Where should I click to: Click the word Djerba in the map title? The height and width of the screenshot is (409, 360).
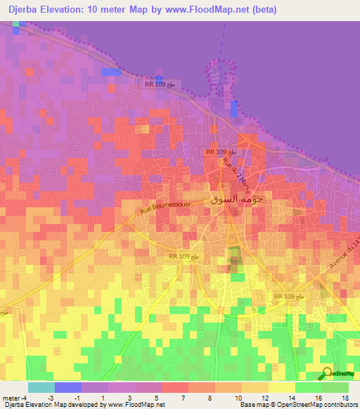[25, 10]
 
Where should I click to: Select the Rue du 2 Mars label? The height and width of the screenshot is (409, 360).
[236, 173]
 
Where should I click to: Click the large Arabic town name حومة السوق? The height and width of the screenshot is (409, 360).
[236, 199]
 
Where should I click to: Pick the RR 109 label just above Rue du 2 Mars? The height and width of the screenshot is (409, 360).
[225, 152]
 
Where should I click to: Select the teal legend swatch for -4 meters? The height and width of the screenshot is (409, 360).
[41, 387]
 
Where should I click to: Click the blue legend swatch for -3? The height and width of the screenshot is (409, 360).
[68, 387]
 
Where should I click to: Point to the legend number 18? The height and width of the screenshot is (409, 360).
[345, 397]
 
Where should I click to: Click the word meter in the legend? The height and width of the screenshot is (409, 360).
[10, 397]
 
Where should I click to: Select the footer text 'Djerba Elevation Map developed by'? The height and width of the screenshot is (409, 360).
[53, 405]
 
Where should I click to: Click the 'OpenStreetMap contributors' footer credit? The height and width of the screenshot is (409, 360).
[314, 405]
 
